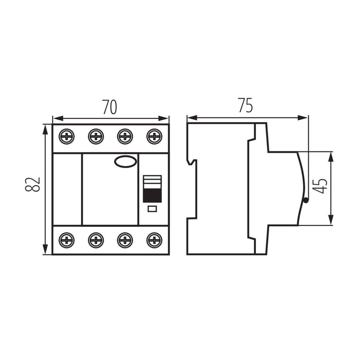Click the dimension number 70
pos(109,107)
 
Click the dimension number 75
pos(245,105)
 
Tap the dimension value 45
pos(319,186)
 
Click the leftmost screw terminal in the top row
pos(67,136)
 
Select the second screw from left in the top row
pos(96,136)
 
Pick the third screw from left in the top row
pos(125,136)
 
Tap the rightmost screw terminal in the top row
pos(154,136)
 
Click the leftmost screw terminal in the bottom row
pos(67,240)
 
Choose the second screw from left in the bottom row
pos(96,240)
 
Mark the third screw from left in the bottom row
pos(125,240)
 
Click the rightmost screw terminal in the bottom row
pos(154,240)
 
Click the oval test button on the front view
pos(125,161)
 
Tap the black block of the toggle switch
pos(152,196)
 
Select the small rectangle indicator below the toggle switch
pos(152,209)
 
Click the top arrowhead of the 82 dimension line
pos(45,129)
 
